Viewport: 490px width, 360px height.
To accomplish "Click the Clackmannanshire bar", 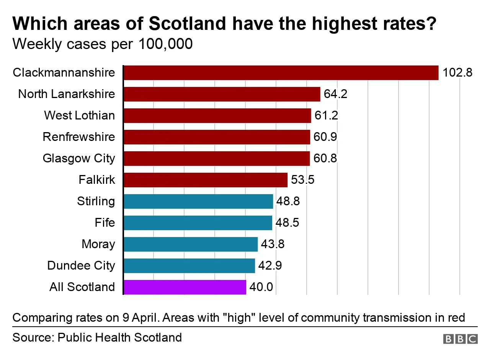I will pyautogui.click(x=281, y=73).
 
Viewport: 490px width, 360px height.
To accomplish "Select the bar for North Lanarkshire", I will pyautogui.click(x=222, y=94).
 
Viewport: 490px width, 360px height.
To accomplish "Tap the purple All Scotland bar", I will pyautogui.click(x=185, y=287).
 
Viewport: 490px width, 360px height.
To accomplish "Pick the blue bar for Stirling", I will pyautogui.click(x=198, y=201).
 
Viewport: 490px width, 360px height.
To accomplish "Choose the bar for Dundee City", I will pyautogui.click(x=189, y=266).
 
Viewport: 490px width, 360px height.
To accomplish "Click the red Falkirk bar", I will pyautogui.click(x=205, y=180).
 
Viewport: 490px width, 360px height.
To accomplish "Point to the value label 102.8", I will pyautogui.click(x=457, y=73).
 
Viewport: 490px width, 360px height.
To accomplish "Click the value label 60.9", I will pyautogui.click(x=325, y=137).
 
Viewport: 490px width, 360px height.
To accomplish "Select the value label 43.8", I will pyautogui.click(x=273, y=244).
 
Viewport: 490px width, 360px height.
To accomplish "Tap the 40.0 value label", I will pyautogui.click(x=261, y=287).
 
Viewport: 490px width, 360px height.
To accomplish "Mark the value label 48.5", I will pyautogui.click(x=287, y=223).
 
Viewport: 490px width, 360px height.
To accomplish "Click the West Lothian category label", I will pyautogui.click(x=79, y=116).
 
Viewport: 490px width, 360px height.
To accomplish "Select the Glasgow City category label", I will pyautogui.click(x=78, y=159).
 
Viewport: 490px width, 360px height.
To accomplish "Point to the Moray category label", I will pyautogui.click(x=98, y=244).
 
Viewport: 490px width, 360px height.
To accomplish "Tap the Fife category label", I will pyautogui.click(x=105, y=223).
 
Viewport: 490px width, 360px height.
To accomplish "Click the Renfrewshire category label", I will pyautogui.click(x=78, y=137).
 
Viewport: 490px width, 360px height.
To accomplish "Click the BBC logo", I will pyautogui.click(x=460, y=339).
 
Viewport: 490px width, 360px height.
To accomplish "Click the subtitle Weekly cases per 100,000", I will pyautogui.click(x=102, y=44).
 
